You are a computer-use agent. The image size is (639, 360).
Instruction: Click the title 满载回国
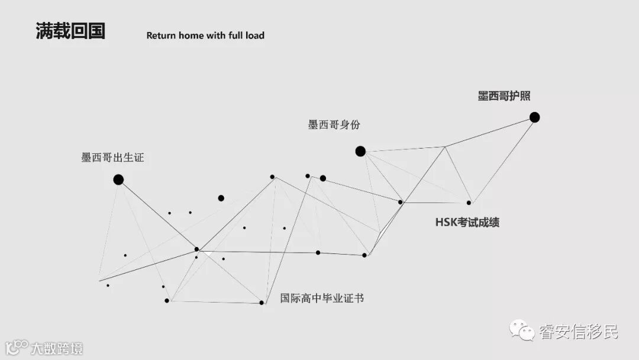click(70, 31)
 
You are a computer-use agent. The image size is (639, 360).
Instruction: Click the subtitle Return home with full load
click(205, 36)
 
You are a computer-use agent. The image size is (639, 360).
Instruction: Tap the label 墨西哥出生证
click(112, 157)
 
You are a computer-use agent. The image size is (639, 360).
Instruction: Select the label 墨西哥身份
click(334, 125)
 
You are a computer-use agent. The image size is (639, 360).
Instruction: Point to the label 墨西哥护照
click(504, 96)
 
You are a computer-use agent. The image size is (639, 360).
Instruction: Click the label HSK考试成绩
click(467, 223)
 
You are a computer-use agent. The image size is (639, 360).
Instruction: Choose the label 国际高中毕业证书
click(322, 298)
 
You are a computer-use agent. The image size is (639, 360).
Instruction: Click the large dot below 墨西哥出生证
click(118, 179)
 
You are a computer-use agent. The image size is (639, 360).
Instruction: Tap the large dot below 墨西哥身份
click(360, 151)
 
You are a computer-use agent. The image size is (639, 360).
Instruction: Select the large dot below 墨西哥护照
click(534, 117)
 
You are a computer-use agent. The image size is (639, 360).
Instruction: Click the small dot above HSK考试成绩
click(469, 202)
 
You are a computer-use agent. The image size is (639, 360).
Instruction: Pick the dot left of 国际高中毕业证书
click(262, 303)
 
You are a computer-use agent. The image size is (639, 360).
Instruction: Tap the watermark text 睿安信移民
click(578, 331)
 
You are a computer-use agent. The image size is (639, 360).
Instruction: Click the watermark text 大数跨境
click(57, 348)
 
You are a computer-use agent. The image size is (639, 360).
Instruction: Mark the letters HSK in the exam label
click(446, 223)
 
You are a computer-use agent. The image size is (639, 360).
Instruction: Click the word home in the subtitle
click(191, 36)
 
